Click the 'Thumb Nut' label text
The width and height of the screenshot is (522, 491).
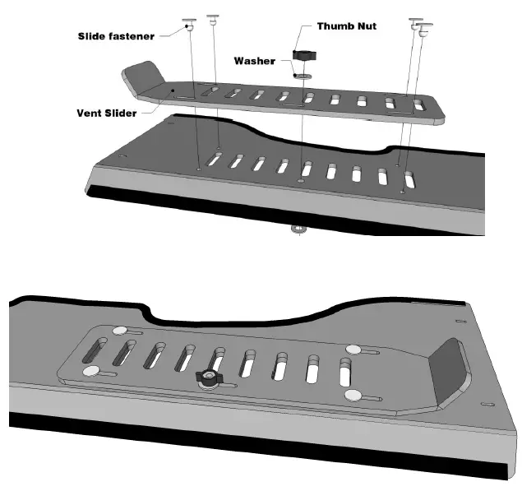coord(348,27)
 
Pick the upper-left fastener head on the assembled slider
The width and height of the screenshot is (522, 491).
coord(121,331)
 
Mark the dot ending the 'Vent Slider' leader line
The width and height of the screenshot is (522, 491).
coord(173,90)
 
